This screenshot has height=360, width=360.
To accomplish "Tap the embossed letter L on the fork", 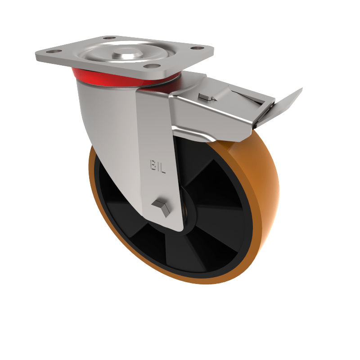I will (163, 168).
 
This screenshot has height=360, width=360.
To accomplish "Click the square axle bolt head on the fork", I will (160, 207).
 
